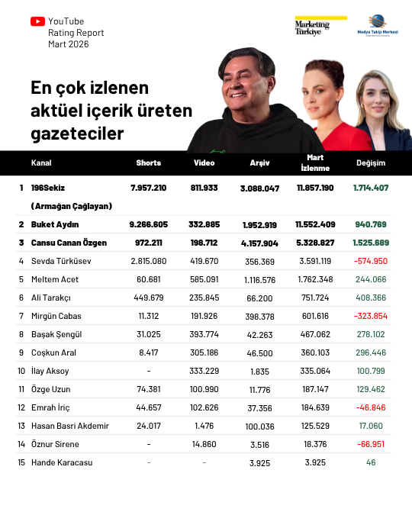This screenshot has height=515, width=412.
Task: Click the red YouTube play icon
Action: [37, 22]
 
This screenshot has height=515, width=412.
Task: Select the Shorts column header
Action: [149, 163]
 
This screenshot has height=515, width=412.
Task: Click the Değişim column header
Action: [371, 163]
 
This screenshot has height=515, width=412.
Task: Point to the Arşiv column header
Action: [259, 163]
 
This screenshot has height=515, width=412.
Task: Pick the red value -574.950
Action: [371, 261]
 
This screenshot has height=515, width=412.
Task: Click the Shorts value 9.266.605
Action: [149, 224]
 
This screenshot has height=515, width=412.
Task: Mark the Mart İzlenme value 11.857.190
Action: [315, 188]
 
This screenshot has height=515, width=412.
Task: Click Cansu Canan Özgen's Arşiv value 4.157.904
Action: [259, 243]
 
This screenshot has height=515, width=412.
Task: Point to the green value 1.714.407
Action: [371, 188]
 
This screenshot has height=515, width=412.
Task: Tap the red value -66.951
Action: [371, 444]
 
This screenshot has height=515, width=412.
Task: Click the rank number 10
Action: [22, 371]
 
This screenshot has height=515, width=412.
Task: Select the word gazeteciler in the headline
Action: [77, 134]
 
